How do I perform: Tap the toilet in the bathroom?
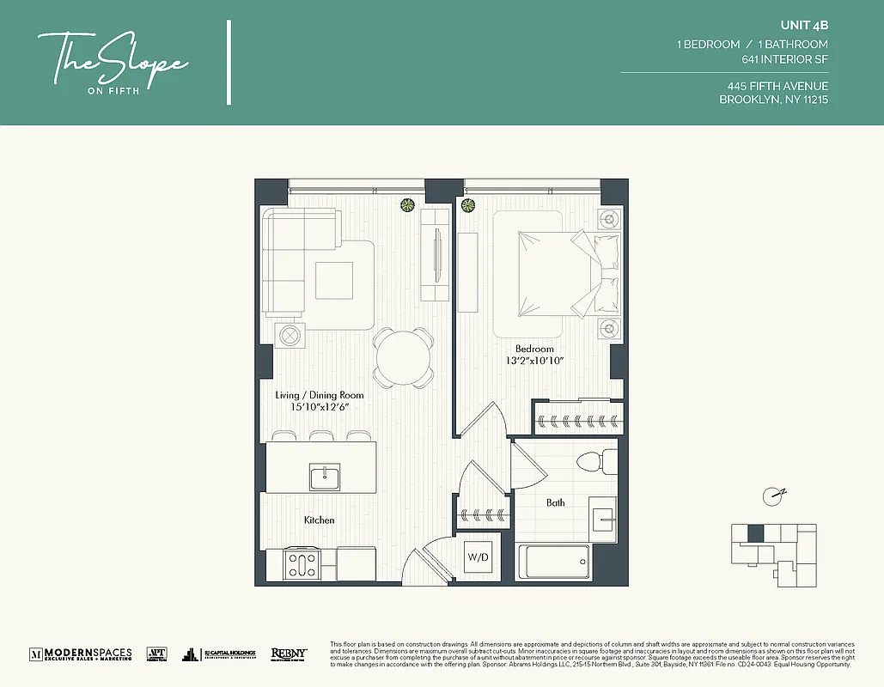597,462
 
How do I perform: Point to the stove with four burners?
302,564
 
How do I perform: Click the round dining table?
403,353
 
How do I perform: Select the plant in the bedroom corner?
468,205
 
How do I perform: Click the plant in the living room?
407,205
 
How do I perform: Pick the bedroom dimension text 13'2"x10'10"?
534,362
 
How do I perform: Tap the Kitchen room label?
319,520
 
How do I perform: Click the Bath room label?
556,502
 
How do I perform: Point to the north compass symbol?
774,495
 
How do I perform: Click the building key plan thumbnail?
772,549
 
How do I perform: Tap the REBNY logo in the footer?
289,654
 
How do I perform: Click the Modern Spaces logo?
81,654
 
